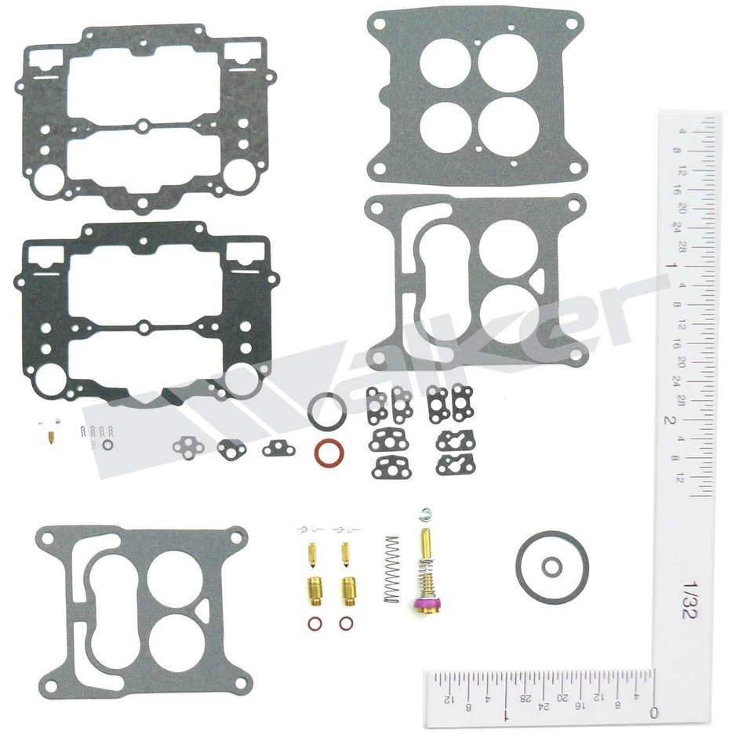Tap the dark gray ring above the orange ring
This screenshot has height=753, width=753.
tap(326, 411)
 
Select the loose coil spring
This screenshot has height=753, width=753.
tap(391, 569)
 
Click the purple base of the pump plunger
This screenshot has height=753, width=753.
tap(424, 604)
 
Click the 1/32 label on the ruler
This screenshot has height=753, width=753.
tap(689, 599)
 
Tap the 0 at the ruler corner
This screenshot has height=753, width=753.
tap(653, 713)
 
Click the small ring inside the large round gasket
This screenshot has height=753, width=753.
tap(553, 566)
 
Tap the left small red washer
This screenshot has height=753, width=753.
tap(315, 625)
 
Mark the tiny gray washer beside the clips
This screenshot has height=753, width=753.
tap(107, 445)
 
